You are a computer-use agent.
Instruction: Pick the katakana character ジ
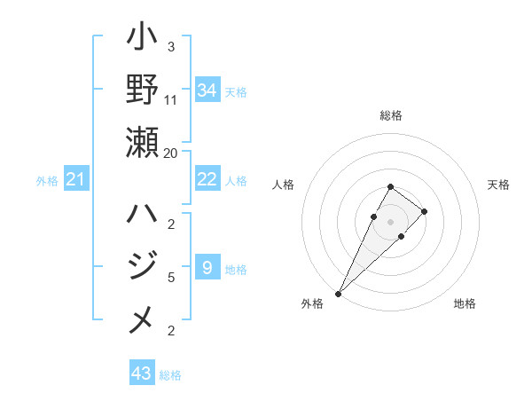click(x=143, y=266)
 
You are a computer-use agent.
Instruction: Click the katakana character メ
click(x=143, y=319)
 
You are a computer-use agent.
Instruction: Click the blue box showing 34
click(x=207, y=90)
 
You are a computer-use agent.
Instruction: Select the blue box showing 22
click(x=207, y=179)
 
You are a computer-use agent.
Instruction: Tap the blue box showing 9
click(x=207, y=267)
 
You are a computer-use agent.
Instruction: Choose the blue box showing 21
click(x=76, y=180)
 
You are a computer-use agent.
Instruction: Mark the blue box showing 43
click(x=142, y=374)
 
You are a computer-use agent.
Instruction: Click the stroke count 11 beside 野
click(x=171, y=99)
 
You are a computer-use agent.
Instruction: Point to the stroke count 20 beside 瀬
click(x=171, y=153)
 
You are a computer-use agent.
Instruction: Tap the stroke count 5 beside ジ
click(x=171, y=277)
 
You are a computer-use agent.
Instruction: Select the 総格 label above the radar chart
click(x=391, y=115)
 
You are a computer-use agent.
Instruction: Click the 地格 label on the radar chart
click(x=465, y=304)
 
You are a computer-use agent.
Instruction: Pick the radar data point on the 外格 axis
click(x=339, y=293)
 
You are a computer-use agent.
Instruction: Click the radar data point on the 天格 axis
click(x=425, y=211)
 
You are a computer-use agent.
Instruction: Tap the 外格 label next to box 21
click(x=47, y=181)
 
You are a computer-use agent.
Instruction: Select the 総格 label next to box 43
click(x=170, y=375)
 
